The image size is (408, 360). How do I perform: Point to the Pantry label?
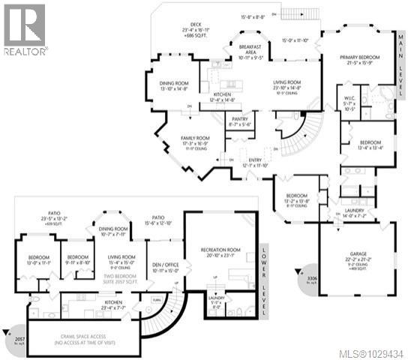coord(240,121)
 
